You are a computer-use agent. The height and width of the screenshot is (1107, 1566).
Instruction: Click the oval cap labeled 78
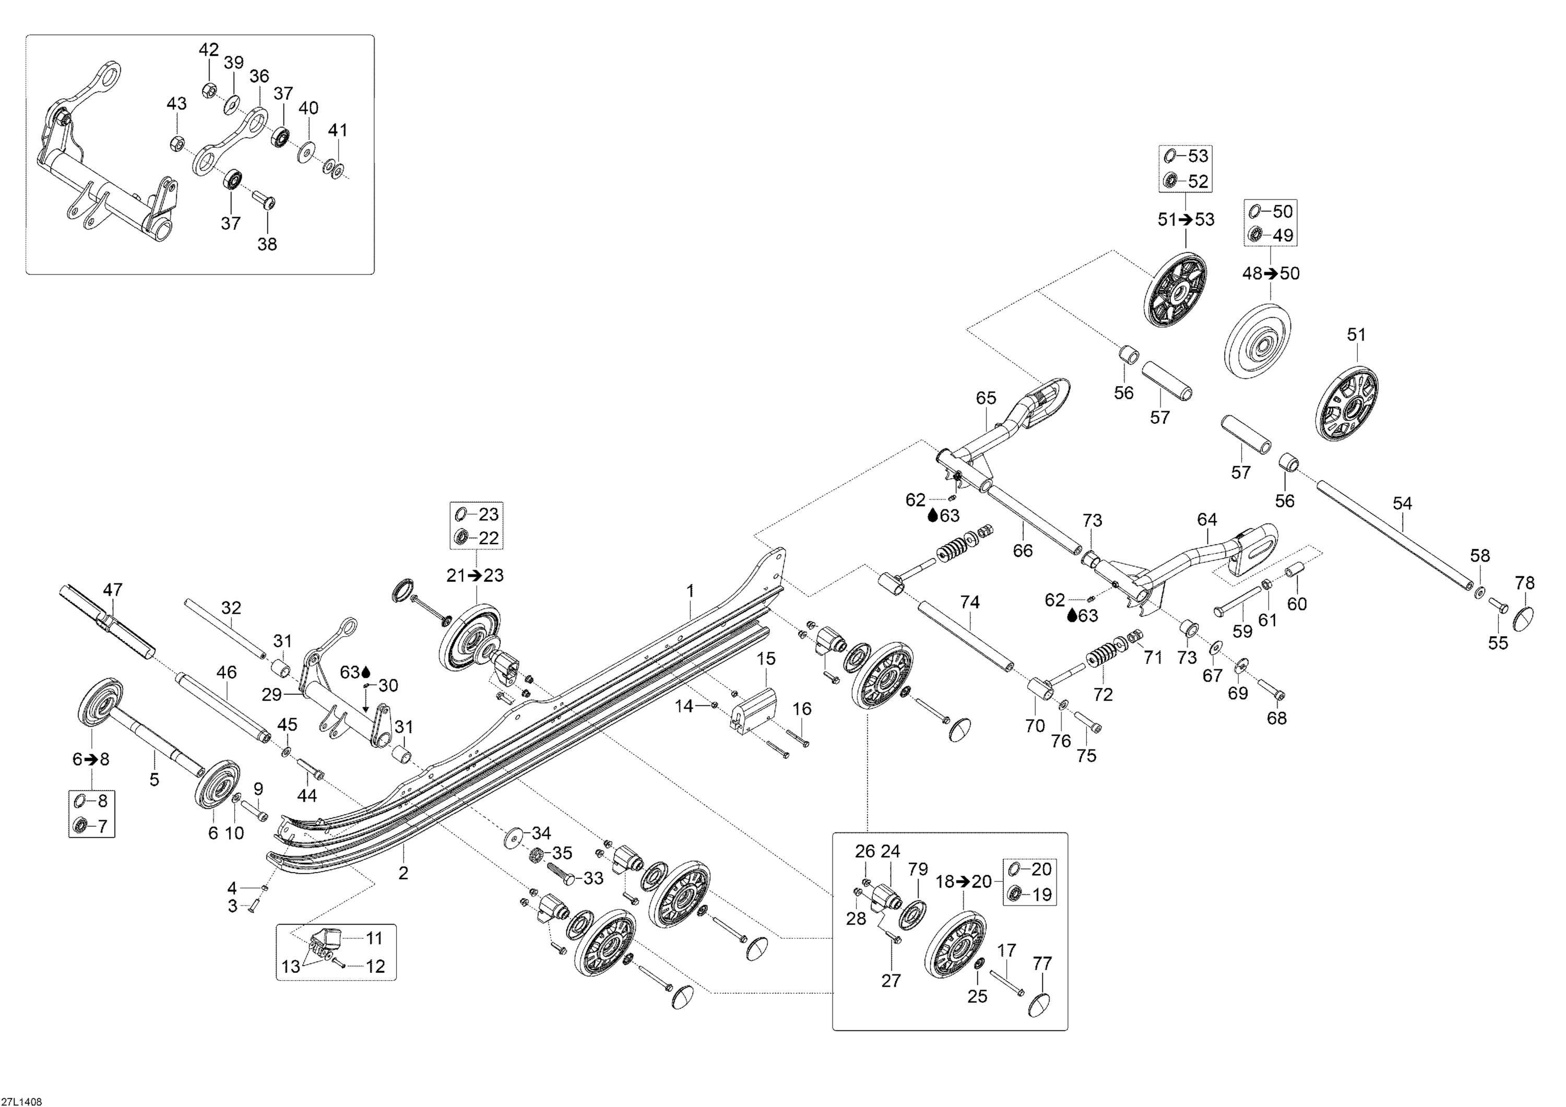click(1525, 618)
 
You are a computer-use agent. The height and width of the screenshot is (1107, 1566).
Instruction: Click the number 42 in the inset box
click(209, 50)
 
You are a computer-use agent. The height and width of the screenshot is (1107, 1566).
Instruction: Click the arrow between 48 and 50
click(1270, 273)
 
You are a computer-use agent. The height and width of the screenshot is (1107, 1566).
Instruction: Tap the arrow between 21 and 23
click(474, 576)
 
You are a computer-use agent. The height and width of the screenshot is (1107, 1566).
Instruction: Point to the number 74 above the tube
click(969, 602)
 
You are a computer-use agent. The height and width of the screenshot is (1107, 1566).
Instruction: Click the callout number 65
click(986, 398)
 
